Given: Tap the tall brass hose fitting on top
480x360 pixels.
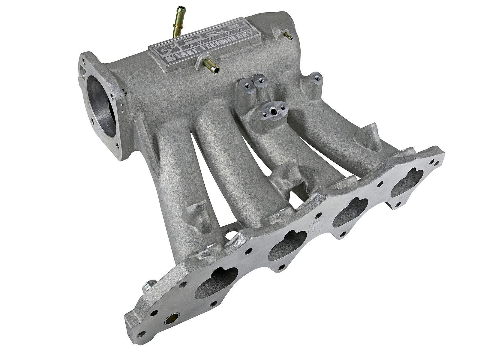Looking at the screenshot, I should click(x=177, y=24).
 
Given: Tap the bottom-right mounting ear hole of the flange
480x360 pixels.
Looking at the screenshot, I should click(x=397, y=204).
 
